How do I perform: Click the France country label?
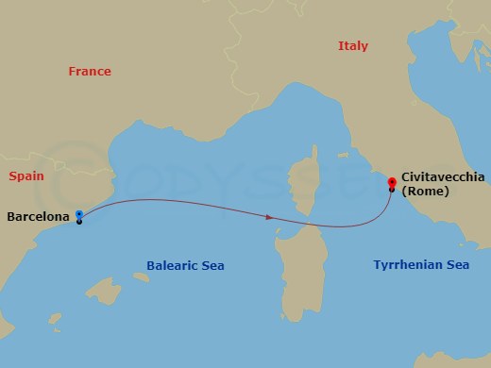(90, 72)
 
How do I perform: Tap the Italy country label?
(352, 46)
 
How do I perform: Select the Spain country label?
(27, 176)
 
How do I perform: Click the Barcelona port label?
(38, 217)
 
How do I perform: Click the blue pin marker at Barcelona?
(79, 214)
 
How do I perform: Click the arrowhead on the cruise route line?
(270, 218)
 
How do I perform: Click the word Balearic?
(170, 266)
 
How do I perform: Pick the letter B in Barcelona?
(10, 217)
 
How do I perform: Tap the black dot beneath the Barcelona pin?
(79, 222)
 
